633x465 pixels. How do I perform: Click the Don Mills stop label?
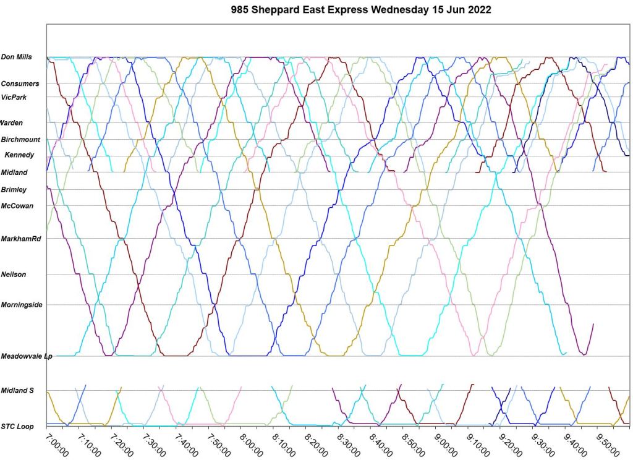pyautogui.click(x=16, y=57)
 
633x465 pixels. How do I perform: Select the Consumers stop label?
pyautogui.click(x=20, y=83)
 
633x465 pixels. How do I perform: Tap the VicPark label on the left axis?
pyautogui.click(x=14, y=97)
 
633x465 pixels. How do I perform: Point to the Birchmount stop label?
pyautogui.click(x=20, y=140)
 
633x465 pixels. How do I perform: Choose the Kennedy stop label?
pyautogui.click(x=19, y=155)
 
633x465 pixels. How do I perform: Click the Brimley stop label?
pyautogui.click(x=14, y=189)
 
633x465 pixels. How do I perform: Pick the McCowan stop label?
pyautogui.click(x=17, y=206)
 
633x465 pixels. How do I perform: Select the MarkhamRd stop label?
pyautogui.click(x=20, y=239)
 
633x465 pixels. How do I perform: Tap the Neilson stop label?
pyautogui.click(x=14, y=275)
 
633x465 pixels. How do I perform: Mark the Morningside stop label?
pyautogui.click(x=22, y=305)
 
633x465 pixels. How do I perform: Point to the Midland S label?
pyautogui.click(x=17, y=390)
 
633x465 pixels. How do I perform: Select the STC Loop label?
pyautogui.click(x=17, y=426)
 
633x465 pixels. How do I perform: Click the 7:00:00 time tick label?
pyautogui.click(x=57, y=444)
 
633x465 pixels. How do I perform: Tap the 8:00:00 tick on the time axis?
pyautogui.click(x=252, y=444)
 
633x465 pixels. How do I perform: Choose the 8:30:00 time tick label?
pyautogui.click(x=349, y=444)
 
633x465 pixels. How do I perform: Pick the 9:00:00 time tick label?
pyautogui.click(x=446, y=444)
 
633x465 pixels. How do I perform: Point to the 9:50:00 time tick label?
pyautogui.click(x=608, y=444)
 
